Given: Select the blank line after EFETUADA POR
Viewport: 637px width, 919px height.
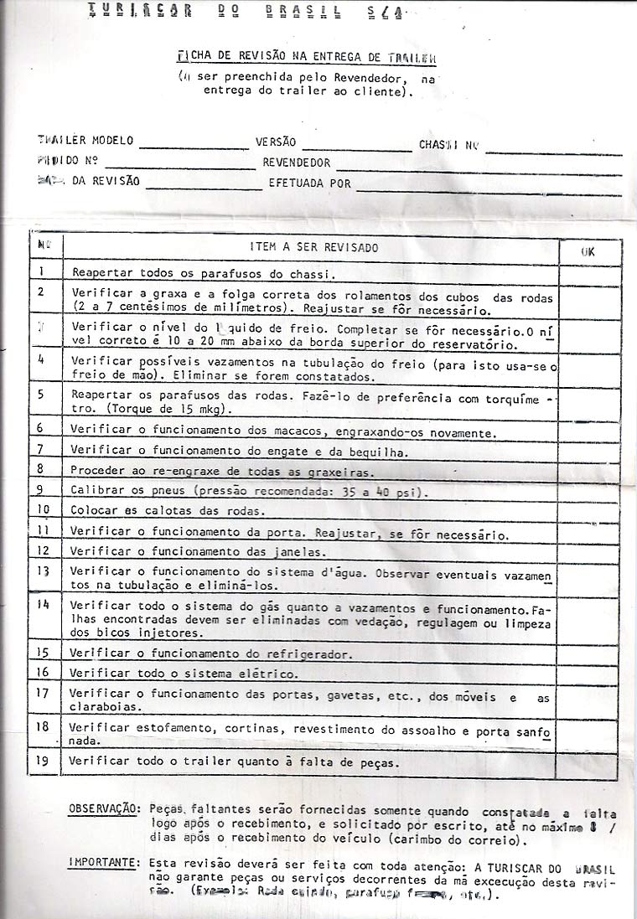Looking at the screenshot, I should (489, 186).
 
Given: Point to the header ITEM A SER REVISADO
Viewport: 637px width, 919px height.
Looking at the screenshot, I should (314, 248).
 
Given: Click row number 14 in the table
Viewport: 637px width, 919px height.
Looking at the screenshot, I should (44, 604).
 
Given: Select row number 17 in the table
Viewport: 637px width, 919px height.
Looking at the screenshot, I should (44, 693).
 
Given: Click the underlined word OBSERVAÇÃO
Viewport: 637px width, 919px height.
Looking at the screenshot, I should (104, 808).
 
